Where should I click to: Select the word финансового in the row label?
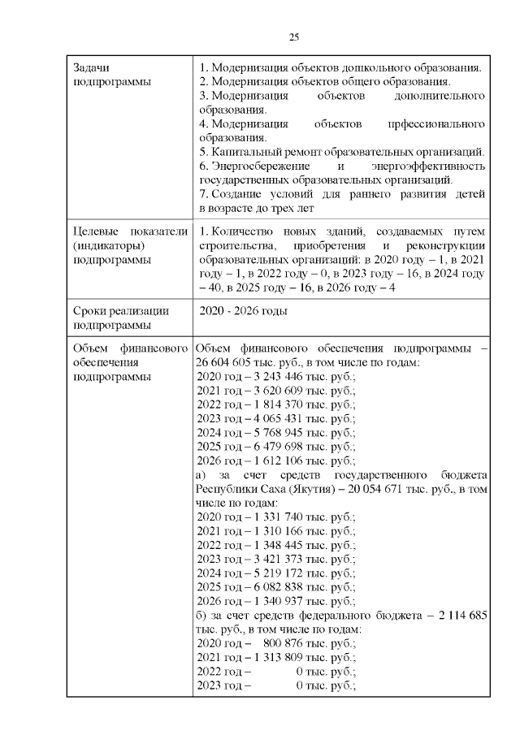[x=154, y=348]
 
